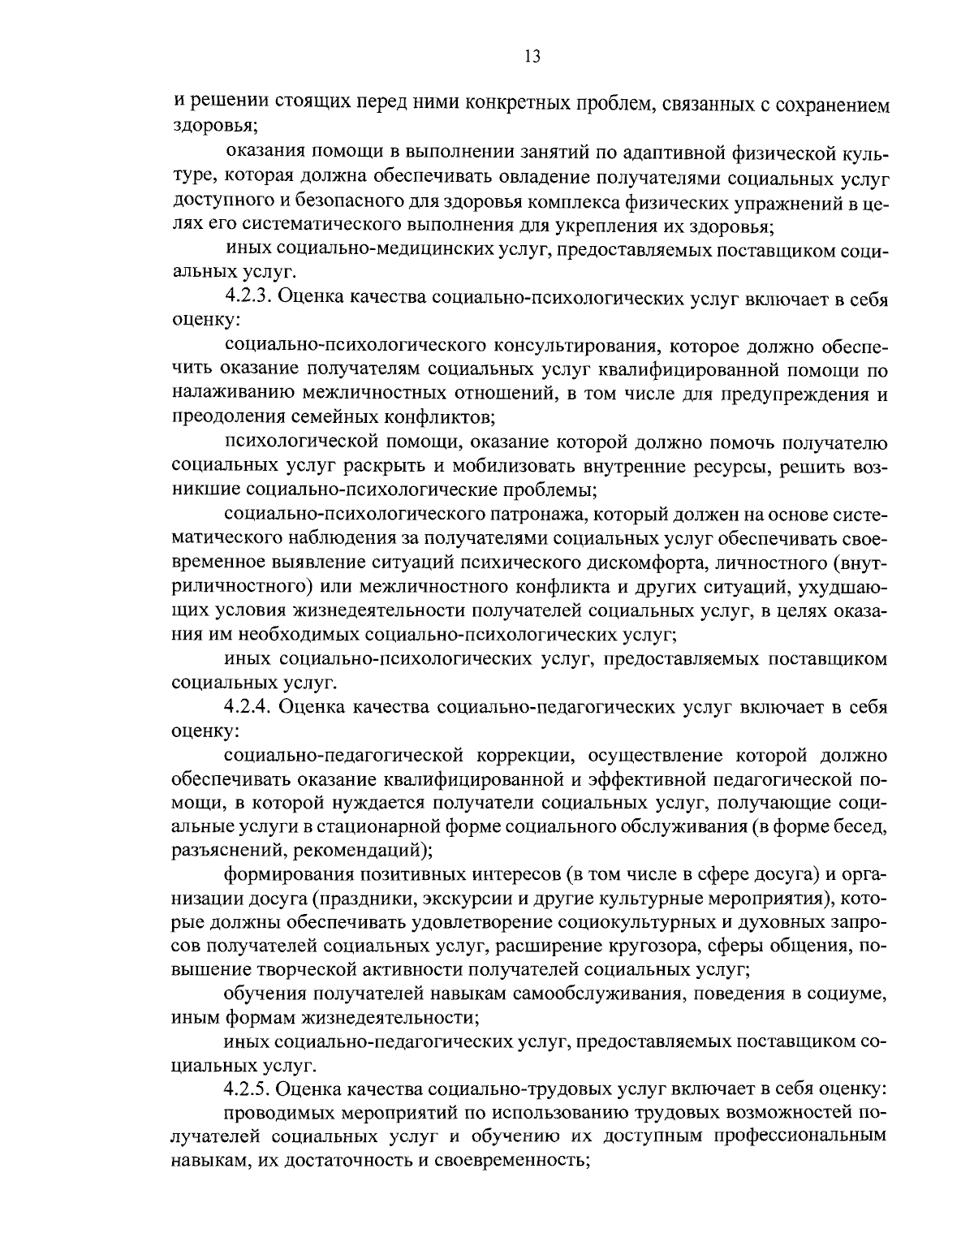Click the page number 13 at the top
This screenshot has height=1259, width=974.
click(532, 56)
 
